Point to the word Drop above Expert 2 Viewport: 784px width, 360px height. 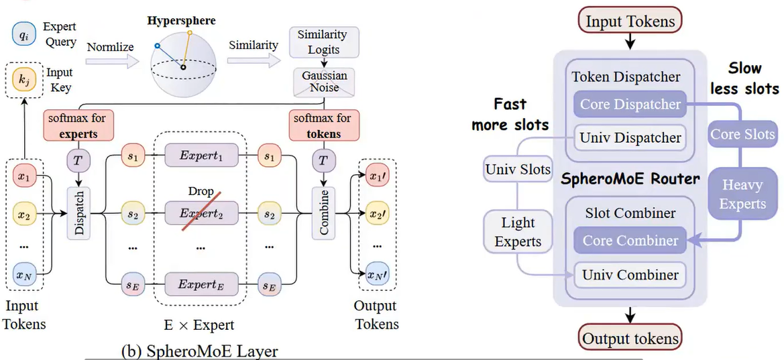pos(200,192)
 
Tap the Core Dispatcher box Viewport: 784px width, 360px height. pos(630,104)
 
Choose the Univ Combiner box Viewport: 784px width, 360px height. pos(630,274)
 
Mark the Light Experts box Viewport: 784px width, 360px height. pos(518,231)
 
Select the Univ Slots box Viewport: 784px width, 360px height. pos(518,170)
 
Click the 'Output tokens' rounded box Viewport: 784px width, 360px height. pos(630,338)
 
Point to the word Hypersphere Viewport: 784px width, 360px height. pos(181,20)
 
